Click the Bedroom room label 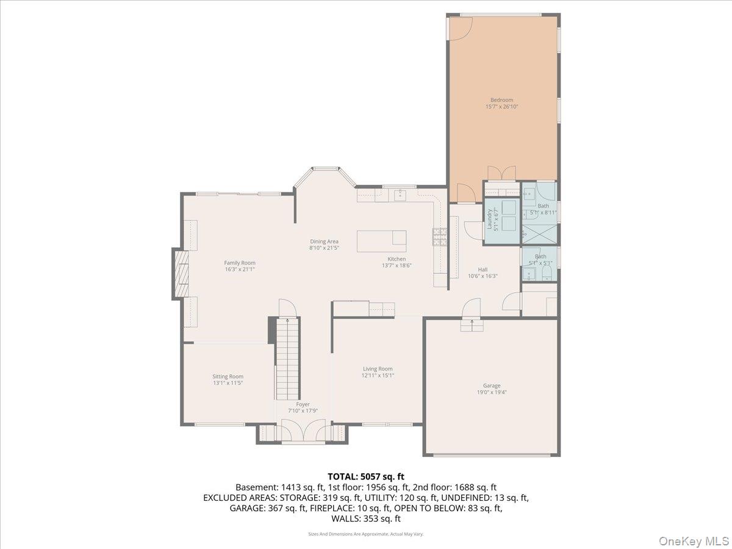point(501,100)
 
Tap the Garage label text point(492,386)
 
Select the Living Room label point(378,369)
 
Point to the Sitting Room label point(228,376)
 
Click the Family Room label point(240,263)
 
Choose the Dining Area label point(324,242)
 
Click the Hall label point(483,269)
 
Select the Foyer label point(303,404)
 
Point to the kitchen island point(382,240)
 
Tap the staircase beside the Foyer point(287,360)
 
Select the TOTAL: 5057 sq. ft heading point(366,476)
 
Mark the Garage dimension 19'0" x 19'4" point(492,393)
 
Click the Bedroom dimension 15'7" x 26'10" point(501,107)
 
